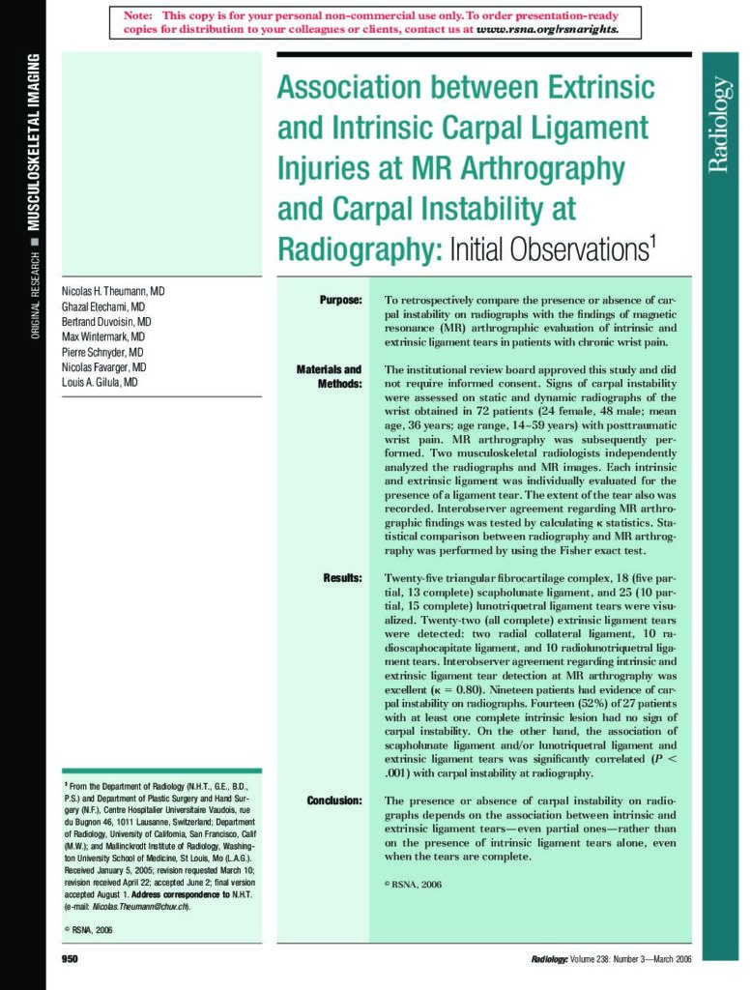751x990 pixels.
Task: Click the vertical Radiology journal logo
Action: coord(719,125)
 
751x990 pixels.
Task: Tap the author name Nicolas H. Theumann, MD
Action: coord(113,291)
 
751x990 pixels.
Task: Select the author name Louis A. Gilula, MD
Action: coord(100,383)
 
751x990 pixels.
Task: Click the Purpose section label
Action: coord(340,301)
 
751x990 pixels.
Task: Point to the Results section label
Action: coord(342,577)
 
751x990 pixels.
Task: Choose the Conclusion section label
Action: coord(334,801)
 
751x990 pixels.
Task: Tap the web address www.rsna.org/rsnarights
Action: coord(547,30)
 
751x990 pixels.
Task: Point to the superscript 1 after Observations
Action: coord(653,241)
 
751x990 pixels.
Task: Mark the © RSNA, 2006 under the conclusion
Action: coord(413,884)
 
